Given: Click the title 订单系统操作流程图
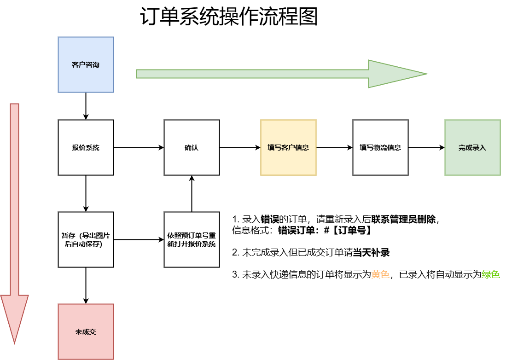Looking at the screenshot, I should (229, 18).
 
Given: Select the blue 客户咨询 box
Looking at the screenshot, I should (86, 64).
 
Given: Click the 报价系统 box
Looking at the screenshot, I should (86, 147).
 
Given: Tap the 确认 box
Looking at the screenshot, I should (192, 147).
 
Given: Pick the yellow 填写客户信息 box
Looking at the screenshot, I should (288, 147).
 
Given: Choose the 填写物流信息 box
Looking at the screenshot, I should (380, 147).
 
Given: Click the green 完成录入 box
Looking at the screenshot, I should (472, 147).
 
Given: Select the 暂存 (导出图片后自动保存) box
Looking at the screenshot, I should (86, 239).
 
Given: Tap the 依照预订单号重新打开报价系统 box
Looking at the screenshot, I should (192, 239).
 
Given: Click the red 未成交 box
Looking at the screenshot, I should (86, 331).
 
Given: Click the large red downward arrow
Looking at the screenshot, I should (15, 221).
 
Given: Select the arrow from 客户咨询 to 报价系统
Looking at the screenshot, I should (86, 106).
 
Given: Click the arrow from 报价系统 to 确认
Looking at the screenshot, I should (138, 147).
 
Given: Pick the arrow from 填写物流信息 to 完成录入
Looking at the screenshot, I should (426, 147).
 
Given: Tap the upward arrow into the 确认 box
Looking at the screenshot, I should (192, 193).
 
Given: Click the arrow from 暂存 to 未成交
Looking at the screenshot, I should (86, 285).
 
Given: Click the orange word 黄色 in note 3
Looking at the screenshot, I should (380, 275).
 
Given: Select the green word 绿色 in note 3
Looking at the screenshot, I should (491, 275).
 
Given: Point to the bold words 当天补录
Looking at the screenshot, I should (372, 253).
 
